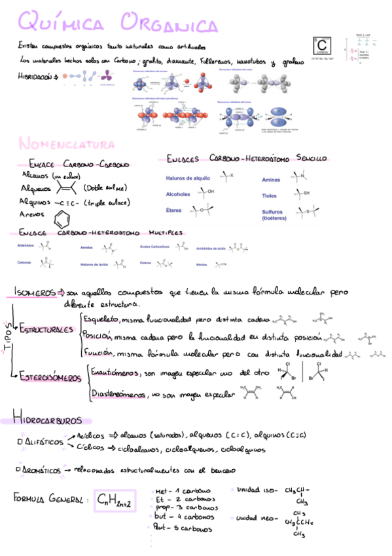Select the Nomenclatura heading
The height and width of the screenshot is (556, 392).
[x=67, y=143]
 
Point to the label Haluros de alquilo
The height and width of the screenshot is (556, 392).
[x=188, y=178]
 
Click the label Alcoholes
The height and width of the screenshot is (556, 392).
[x=178, y=194]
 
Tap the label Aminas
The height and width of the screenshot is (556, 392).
[x=271, y=179]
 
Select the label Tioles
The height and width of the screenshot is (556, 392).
[x=269, y=195]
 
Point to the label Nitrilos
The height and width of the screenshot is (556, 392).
[x=202, y=265]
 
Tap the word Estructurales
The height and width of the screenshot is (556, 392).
[x=46, y=328]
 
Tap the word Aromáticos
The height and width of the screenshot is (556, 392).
[x=41, y=470]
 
